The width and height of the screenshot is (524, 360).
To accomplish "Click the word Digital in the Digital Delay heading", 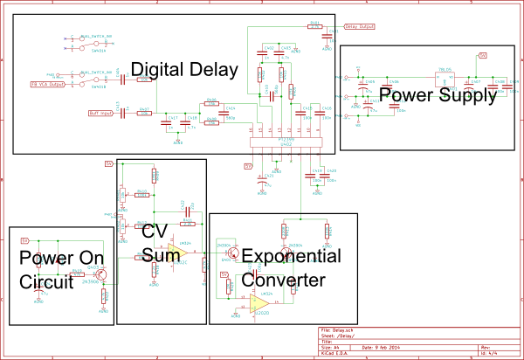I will click(159, 69).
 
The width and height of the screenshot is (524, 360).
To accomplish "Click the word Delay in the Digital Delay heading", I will click(214, 69).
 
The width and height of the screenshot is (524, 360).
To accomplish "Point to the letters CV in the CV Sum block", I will click(155, 232).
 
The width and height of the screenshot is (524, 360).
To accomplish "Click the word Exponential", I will click(291, 257).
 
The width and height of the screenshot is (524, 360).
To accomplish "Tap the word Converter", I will click(283, 280).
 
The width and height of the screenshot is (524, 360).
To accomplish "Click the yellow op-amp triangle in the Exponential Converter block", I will click(259, 304).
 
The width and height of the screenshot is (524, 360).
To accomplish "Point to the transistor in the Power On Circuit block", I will click(102, 274).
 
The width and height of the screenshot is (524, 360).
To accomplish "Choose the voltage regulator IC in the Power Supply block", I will click(445, 76).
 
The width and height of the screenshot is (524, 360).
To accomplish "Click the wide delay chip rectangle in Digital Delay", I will click(286, 142).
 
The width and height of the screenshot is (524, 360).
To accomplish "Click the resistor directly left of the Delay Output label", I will click(315, 26).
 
